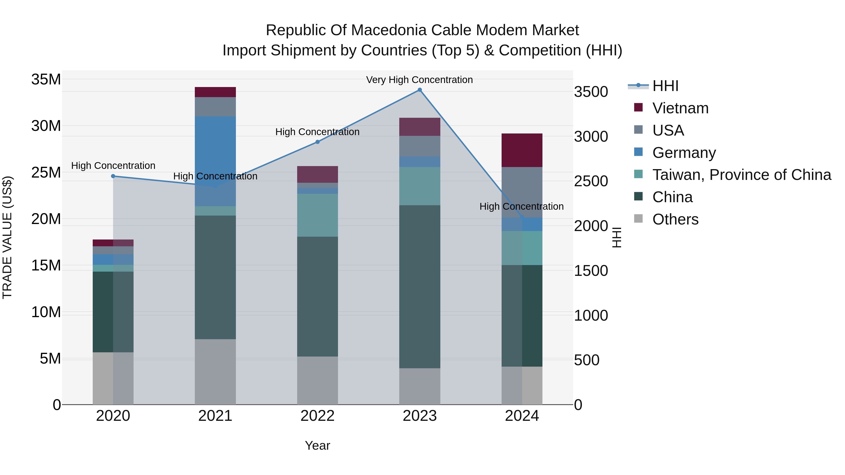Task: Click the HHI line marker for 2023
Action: pos(419,90)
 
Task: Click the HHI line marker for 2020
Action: pos(113,176)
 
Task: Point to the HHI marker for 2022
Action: pos(318,142)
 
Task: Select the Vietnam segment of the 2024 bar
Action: pos(522,150)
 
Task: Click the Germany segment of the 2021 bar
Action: pos(215,161)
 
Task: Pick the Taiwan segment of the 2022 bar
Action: pos(318,215)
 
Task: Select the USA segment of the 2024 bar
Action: pos(522,192)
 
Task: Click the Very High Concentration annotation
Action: pos(419,80)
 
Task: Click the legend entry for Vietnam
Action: pos(680,108)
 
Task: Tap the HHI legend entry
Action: pos(665,86)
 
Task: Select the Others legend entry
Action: pos(675,219)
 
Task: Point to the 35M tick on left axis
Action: pos(46,79)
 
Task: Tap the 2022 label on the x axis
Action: pos(318,416)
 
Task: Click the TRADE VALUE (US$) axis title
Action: pos(7,237)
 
